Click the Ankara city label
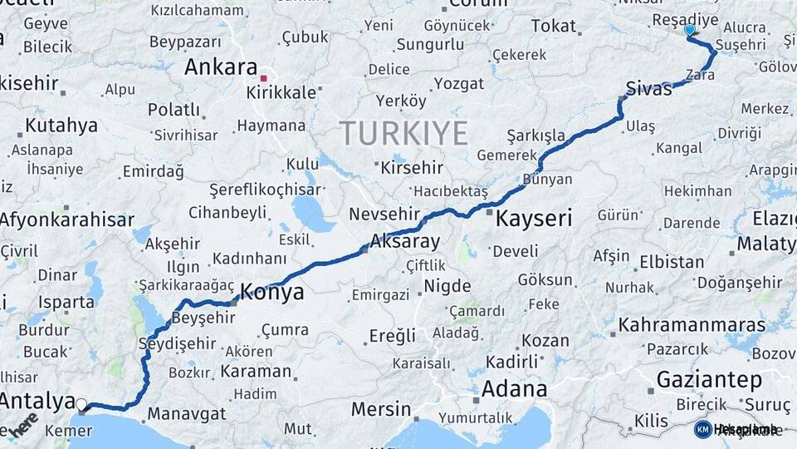pyautogui.click(x=221, y=67)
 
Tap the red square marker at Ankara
pyautogui.click(x=263, y=78)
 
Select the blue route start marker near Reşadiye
pyautogui.click(x=689, y=30)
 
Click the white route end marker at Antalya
pyautogui.click(x=81, y=405)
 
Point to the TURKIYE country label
pyautogui.click(x=403, y=132)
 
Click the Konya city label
pyautogui.click(x=272, y=293)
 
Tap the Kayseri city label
pyautogui.click(x=534, y=220)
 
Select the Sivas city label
pyautogui.click(x=648, y=89)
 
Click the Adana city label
pyautogui.click(x=515, y=388)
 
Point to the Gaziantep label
pyautogui.click(x=709, y=380)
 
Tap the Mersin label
pyautogui.click(x=381, y=409)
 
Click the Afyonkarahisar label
pyautogui.click(x=67, y=220)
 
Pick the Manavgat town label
pyautogui.click(x=187, y=413)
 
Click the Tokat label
pyautogui.click(x=553, y=27)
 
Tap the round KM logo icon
pyautogui.click(x=702, y=429)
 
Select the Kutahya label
pyautogui.click(x=61, y=126)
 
